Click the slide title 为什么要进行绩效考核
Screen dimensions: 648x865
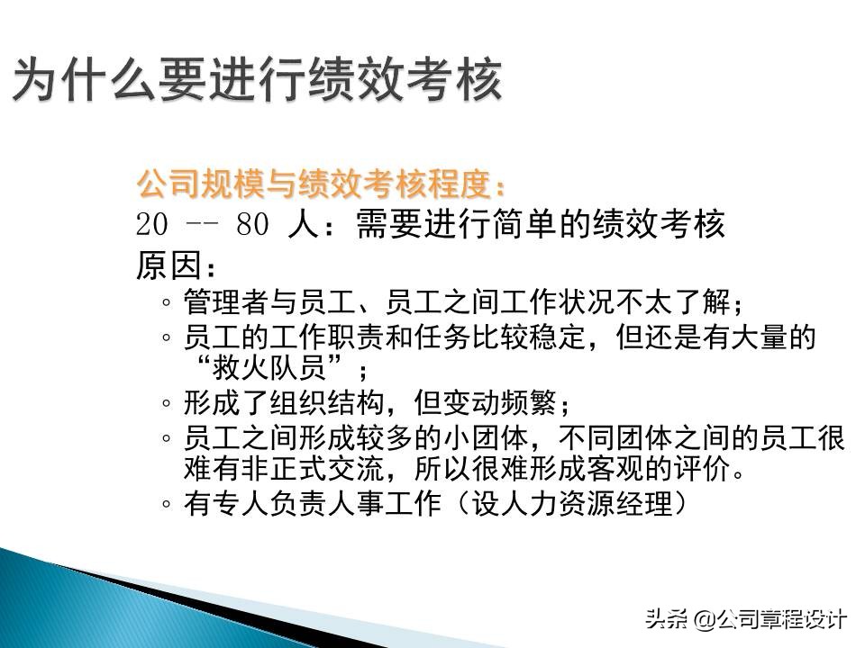(257, 81)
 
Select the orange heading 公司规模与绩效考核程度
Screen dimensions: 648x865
(320, 184)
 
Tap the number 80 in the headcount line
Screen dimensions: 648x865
(253, 225)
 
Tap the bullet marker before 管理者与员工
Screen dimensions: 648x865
(168, 301)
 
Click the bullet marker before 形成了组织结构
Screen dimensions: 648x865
(168, 402)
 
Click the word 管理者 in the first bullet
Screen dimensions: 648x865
(219, 300)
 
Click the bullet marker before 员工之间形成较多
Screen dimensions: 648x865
(168, 438)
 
